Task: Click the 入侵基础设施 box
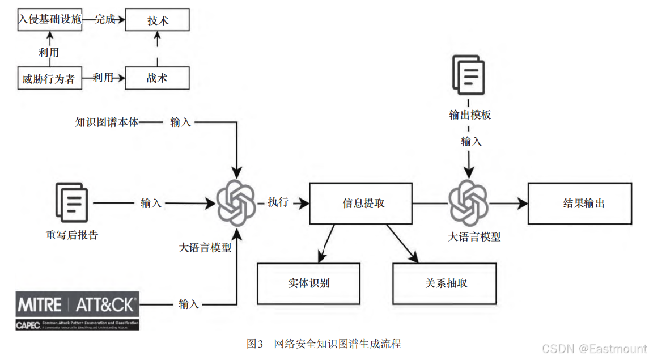(x=49, y=19)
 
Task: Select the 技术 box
(x=157, y=20)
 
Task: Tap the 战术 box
(x=157, y=78)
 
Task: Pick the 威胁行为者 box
(x=49, y=78)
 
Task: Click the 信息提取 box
(x=360, y=203)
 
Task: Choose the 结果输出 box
(x=579, y=203)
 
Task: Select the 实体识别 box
(x=308, y=283)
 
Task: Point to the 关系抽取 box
(x=444, y=283)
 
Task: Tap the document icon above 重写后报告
(x=72, y=203)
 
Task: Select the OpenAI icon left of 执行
(x=236, y=203)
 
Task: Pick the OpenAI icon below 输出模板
(x=468, y=202)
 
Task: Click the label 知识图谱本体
(x=107, y=122)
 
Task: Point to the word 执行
(x=278, y=202)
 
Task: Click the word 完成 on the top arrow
(x=105, y=19)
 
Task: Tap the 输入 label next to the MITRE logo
(x=189, y=304)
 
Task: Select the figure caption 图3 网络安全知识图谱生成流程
(x=324, y=344)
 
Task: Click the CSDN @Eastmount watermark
(x=594, y=349)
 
